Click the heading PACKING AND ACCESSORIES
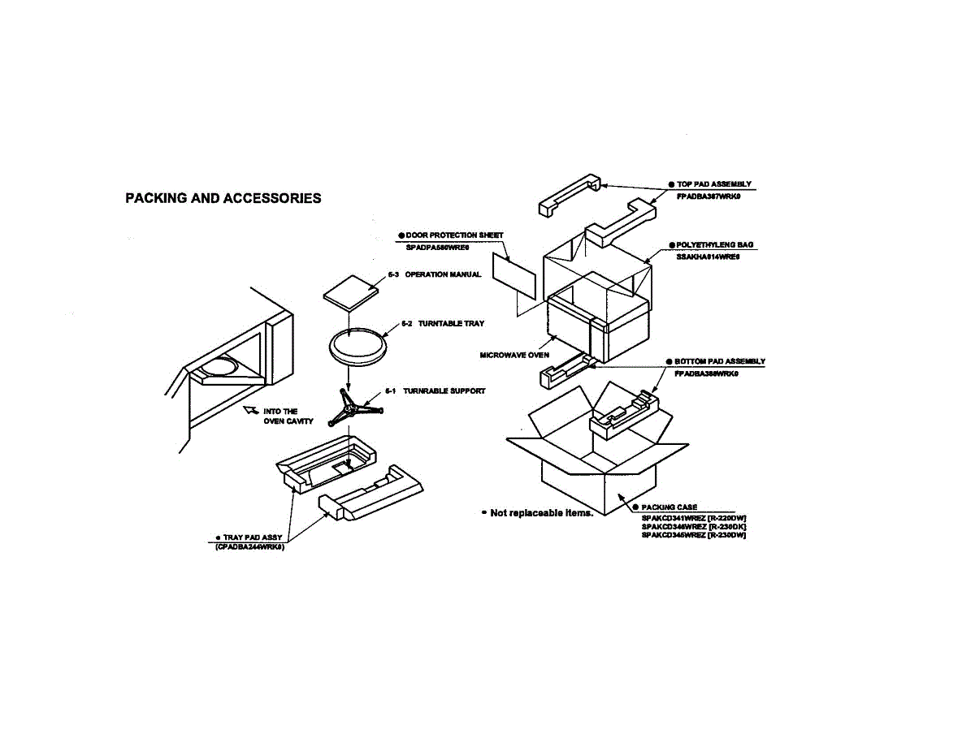coord(223,198)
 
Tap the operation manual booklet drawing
coord(350,296)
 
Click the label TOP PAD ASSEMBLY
coord(713,184)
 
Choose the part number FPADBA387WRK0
coord(708,196)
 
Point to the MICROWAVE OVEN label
coord(514,355)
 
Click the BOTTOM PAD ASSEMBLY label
coord(719,361)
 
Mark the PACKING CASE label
coord(669,507)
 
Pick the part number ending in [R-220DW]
coord(693,517)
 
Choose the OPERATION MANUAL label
coord(443,274)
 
